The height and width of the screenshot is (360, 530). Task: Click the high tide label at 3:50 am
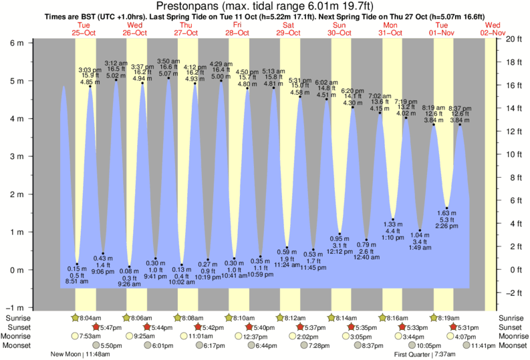click(168, 67)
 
